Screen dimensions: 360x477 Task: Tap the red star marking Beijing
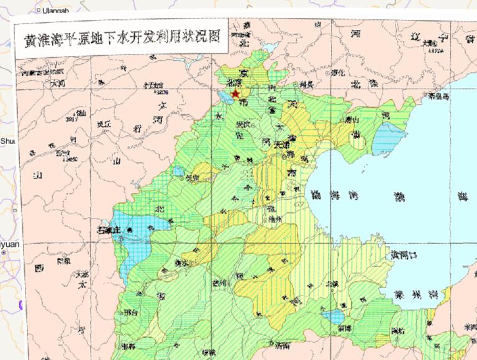point(235,94)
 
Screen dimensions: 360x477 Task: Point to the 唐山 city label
point(352,119)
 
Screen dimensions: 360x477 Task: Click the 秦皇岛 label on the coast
point(439,97)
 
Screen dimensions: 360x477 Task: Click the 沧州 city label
point(274,218)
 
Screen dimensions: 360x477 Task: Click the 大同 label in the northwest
point(58,82)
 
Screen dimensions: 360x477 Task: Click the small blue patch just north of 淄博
point(335,316)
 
